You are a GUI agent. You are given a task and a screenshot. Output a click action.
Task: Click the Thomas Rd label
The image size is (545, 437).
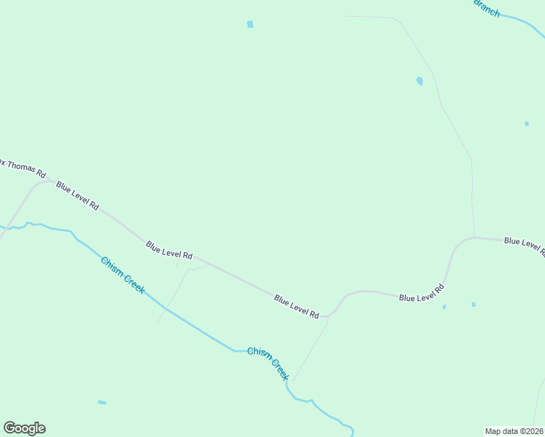tap(23, 168)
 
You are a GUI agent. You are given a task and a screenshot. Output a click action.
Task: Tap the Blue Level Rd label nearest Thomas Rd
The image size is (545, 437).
tap(77, 196)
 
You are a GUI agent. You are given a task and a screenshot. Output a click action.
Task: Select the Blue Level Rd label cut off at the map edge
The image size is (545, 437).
tap(524, 245)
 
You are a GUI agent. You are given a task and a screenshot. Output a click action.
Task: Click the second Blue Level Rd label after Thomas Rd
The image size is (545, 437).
tap(168, 251)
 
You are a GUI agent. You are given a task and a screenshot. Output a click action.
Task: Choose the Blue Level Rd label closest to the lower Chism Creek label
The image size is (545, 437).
tap(297, 306)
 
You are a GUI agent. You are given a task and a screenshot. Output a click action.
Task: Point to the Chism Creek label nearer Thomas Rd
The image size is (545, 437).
tap(123, 275)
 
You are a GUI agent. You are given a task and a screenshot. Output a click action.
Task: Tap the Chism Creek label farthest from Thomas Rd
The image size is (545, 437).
tap(268, 363)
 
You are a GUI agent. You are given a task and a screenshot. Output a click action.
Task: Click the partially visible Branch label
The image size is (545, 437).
tap(487, 8)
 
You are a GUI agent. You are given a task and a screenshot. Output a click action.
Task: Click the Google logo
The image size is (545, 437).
tap(24, 428)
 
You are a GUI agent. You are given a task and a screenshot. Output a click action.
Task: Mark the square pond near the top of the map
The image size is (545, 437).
tap(250, 24)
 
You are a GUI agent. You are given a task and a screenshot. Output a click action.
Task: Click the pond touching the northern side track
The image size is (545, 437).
tap(419, 81)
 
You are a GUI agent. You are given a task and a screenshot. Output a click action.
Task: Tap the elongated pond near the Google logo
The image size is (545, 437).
tap(102, 402)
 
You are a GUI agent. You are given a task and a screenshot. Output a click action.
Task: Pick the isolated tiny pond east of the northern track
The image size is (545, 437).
tap(527, 124)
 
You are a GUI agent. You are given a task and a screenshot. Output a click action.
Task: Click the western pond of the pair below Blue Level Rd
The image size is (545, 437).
tap(444, 307)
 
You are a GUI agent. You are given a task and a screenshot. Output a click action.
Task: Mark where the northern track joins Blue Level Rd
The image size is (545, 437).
tap(474, 237)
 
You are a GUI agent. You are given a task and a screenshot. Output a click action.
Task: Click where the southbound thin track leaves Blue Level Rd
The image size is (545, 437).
tap(329, 317)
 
